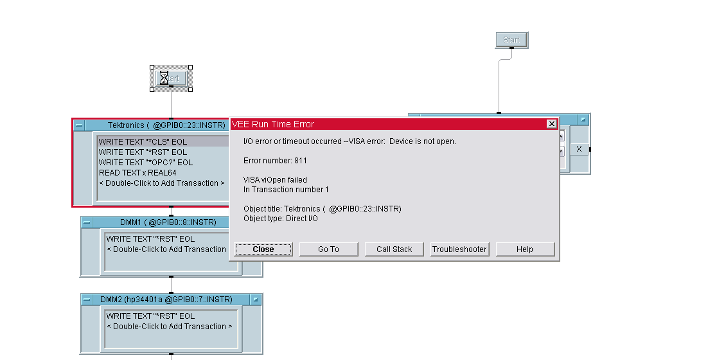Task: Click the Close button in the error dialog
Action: tap(263, 249)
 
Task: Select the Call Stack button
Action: tap(394, 249)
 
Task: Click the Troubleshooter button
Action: tap(459, 249)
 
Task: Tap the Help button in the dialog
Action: tap(524, 249)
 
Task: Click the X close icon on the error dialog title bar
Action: tap(551, 124)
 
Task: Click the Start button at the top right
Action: tap(511, 40)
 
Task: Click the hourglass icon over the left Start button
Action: tap(164, 78)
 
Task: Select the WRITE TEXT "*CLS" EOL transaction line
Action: tap(143, 142)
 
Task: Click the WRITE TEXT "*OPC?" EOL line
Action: tap(145, 163)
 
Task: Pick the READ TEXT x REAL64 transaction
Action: tap(137, 173)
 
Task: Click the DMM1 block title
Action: tap(168, 222)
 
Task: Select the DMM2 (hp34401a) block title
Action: tap(166, 300)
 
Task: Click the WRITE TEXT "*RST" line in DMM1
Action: tap(150, 239)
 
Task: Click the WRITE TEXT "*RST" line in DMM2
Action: tap(150, 316)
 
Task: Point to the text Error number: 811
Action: tap(272, 161)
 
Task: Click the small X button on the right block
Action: tap(579, 149)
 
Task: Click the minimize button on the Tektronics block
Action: tap(79, 126)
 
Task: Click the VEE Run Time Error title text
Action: tap(273, 124)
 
